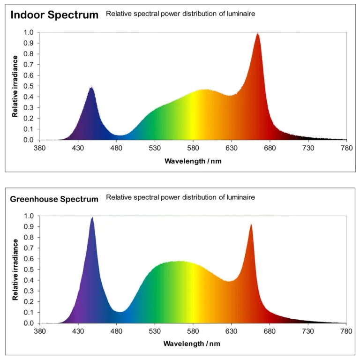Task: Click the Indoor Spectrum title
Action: [x=54, y=15]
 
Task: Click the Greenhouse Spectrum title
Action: [x=54, y=199]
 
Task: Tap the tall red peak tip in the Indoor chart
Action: [x=257, y=34]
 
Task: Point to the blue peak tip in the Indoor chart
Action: [x=91, y=87]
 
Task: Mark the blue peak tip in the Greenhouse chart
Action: [x=92, y=217]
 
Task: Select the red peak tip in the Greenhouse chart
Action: [x=251, y=225]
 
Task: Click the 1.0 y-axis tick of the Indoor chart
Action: [x=29, y=32]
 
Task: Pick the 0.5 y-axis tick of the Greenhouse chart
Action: [x=29, y=270]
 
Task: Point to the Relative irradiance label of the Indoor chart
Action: [x=15, y=86]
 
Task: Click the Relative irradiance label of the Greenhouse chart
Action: [x=15, y=269]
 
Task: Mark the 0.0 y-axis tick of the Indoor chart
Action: [x=29, y=140]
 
